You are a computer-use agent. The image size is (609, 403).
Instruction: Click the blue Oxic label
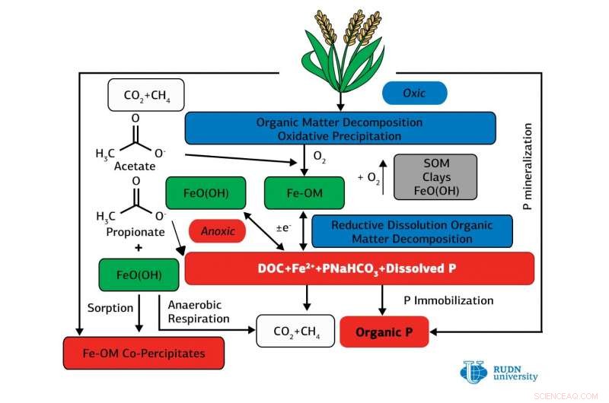[414, 93]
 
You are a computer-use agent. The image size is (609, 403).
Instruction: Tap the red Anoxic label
[217, 230]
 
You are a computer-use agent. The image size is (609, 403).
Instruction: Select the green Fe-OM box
[293, 193]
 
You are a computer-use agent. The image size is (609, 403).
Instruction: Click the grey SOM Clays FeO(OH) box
[435, 177]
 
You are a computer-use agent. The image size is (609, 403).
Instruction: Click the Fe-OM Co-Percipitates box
[144, 353]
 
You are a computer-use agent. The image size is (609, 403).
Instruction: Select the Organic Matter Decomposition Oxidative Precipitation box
[340, 129]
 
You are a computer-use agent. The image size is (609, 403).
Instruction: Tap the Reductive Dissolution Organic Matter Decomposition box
[412, 232]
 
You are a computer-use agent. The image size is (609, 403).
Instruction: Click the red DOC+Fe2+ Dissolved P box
[359, 268]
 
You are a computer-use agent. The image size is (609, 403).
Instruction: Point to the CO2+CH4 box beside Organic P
[295, 332]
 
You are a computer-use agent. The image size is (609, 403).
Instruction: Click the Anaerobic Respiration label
[198, 312]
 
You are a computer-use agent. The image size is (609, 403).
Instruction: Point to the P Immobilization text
[448, 300]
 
